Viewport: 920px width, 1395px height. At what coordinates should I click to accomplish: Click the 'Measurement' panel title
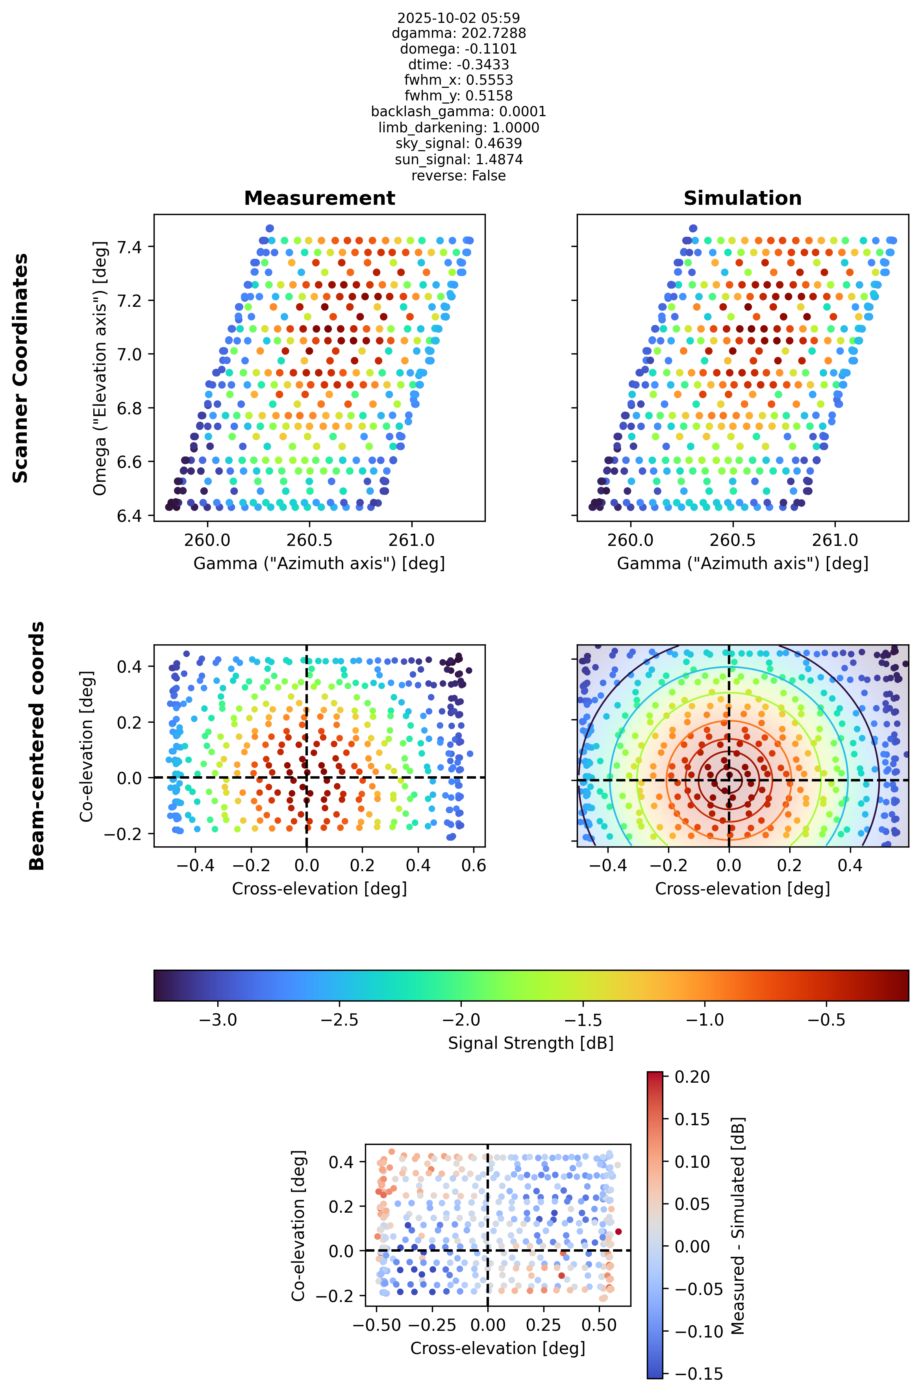pyautogui.click(x=319, y=198)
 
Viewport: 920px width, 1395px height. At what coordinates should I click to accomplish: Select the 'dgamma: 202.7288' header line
pyautogui.click(x=459, y=33)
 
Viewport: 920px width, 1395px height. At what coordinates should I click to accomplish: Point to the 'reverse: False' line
pyautogui.click(x=459, y=176)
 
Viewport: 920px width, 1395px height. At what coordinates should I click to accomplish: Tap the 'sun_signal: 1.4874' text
pyautogui.click(x=459, y=160)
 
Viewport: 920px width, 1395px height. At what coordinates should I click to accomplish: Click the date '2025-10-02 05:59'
pyautogui.click(x=459, y=18)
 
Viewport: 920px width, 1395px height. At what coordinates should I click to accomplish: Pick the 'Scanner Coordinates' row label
pyautogui.click(x=20, y=368)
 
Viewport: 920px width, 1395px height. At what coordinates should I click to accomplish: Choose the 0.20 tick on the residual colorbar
pyautogui.click(x=692, y=1077)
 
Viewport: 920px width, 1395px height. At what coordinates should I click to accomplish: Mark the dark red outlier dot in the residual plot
pyautogui.click(x=618, y=1231)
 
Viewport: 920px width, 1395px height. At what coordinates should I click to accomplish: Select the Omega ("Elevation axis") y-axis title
pyautogui.click(x=100, y=368)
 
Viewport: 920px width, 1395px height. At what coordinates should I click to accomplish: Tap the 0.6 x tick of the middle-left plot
pyautogui.click(x=474, y=866)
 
